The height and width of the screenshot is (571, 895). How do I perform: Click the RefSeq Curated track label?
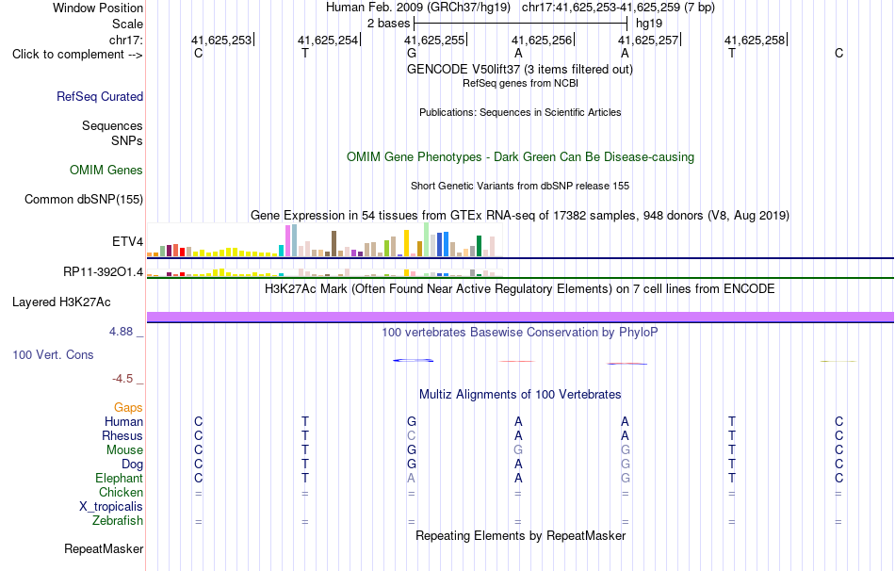coord(100,96)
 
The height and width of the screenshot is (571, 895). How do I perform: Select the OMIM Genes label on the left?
coord(106,171)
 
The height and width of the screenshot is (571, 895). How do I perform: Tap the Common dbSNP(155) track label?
coord(84,199)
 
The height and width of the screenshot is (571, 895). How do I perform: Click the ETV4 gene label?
coord(128,241)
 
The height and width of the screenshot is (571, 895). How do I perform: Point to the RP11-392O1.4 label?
coord(104,271)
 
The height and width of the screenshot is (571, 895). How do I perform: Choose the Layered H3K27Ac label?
coord(61,302)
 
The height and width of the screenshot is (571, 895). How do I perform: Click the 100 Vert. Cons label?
coord(53,354)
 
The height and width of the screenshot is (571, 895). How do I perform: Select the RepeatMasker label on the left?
coord(104,548)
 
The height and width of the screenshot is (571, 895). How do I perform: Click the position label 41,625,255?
coord(434,40)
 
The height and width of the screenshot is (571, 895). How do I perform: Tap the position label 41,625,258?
coord(755,40)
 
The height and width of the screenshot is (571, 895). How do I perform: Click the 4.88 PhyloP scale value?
coord(121,331)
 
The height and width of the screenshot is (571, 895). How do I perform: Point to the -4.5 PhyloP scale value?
coord(122,379)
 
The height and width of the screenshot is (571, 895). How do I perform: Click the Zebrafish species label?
coord(118,521)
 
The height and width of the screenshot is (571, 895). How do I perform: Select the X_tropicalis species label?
coord(111,507)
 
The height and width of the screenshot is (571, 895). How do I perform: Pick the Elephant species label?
coord(120,478)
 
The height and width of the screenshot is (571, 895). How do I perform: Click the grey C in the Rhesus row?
coord(411,435)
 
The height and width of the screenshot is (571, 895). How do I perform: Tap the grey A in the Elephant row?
coord(411,478)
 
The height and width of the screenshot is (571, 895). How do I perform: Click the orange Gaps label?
coord(128,408)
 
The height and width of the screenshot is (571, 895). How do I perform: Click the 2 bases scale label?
coord(389,24)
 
